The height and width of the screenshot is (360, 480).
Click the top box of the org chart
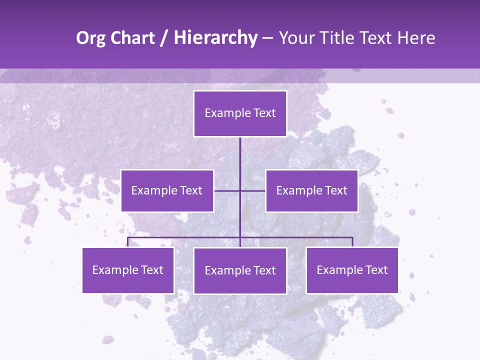point(240,113)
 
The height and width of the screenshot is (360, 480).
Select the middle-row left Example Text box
point(167,190)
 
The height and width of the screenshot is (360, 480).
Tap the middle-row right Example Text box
point(311,190)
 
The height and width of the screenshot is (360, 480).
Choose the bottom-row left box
point(128,270)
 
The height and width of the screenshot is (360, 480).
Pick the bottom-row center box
point(240,270)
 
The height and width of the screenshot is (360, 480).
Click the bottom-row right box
point(352,270)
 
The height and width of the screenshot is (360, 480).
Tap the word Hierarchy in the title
point(215,38)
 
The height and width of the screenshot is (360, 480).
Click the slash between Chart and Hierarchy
point(164,38)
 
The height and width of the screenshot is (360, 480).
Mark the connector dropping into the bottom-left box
point(128,242)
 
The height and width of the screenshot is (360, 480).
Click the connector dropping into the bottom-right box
point(352,242)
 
